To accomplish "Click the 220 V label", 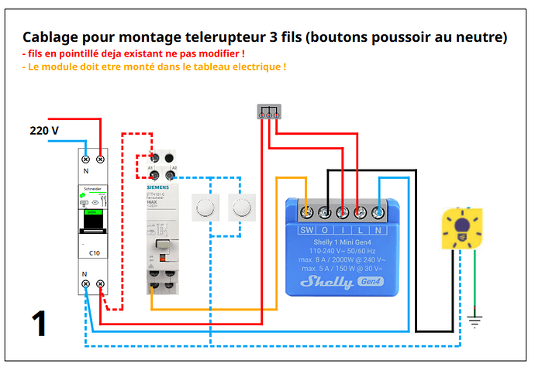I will point(44,130).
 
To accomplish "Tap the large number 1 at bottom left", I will point(40,323).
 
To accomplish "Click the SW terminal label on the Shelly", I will point(307,230).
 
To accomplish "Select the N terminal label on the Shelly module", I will point(377,230).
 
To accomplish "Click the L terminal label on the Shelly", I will point(360,230).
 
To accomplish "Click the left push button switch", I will point(205,207).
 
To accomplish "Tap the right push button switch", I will point(241,207).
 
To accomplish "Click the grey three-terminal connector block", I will point(267,112).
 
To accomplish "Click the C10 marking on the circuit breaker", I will point(93,252).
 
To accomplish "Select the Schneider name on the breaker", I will point(92,188).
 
